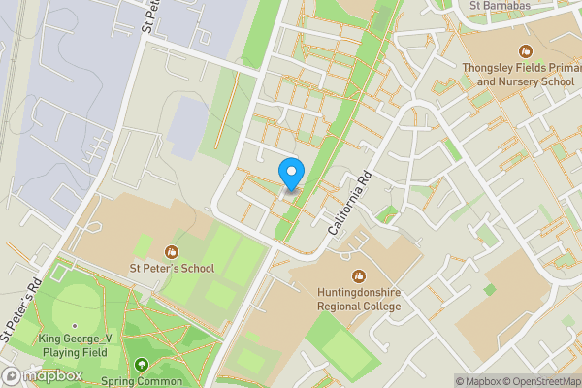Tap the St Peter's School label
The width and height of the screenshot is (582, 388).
pos(173,268)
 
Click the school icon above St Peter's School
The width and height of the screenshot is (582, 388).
pos(173,252)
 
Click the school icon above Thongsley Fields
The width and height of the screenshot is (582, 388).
pos(525,50)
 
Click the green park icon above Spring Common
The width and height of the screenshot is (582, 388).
pos(144,365)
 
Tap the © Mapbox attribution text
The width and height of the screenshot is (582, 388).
pos(477,381)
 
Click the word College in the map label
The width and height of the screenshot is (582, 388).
pos(379,307)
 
